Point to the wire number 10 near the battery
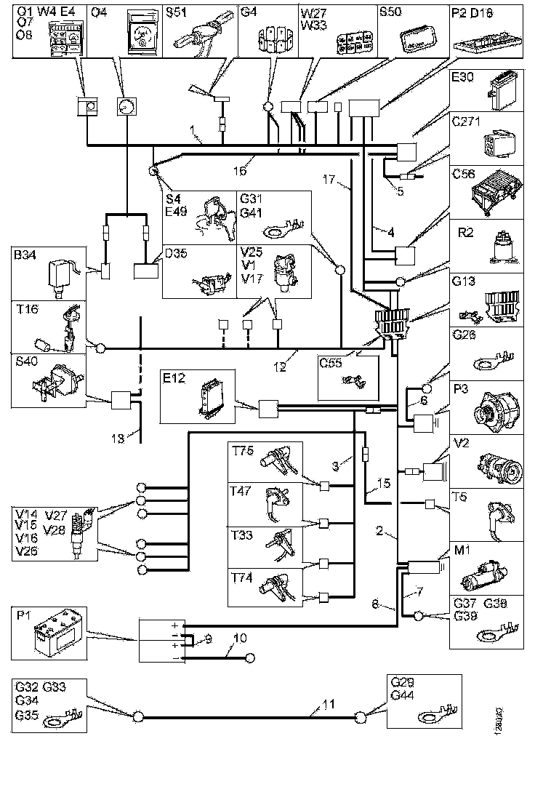pos(240,639)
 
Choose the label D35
pos(176,255)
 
